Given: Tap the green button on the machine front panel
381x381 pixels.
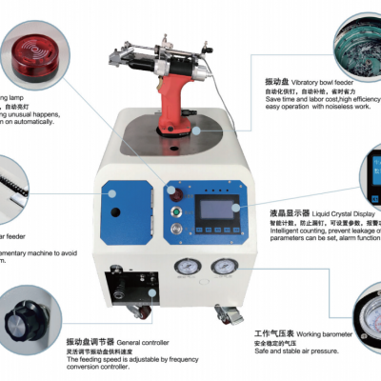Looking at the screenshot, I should coord(175,227).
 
